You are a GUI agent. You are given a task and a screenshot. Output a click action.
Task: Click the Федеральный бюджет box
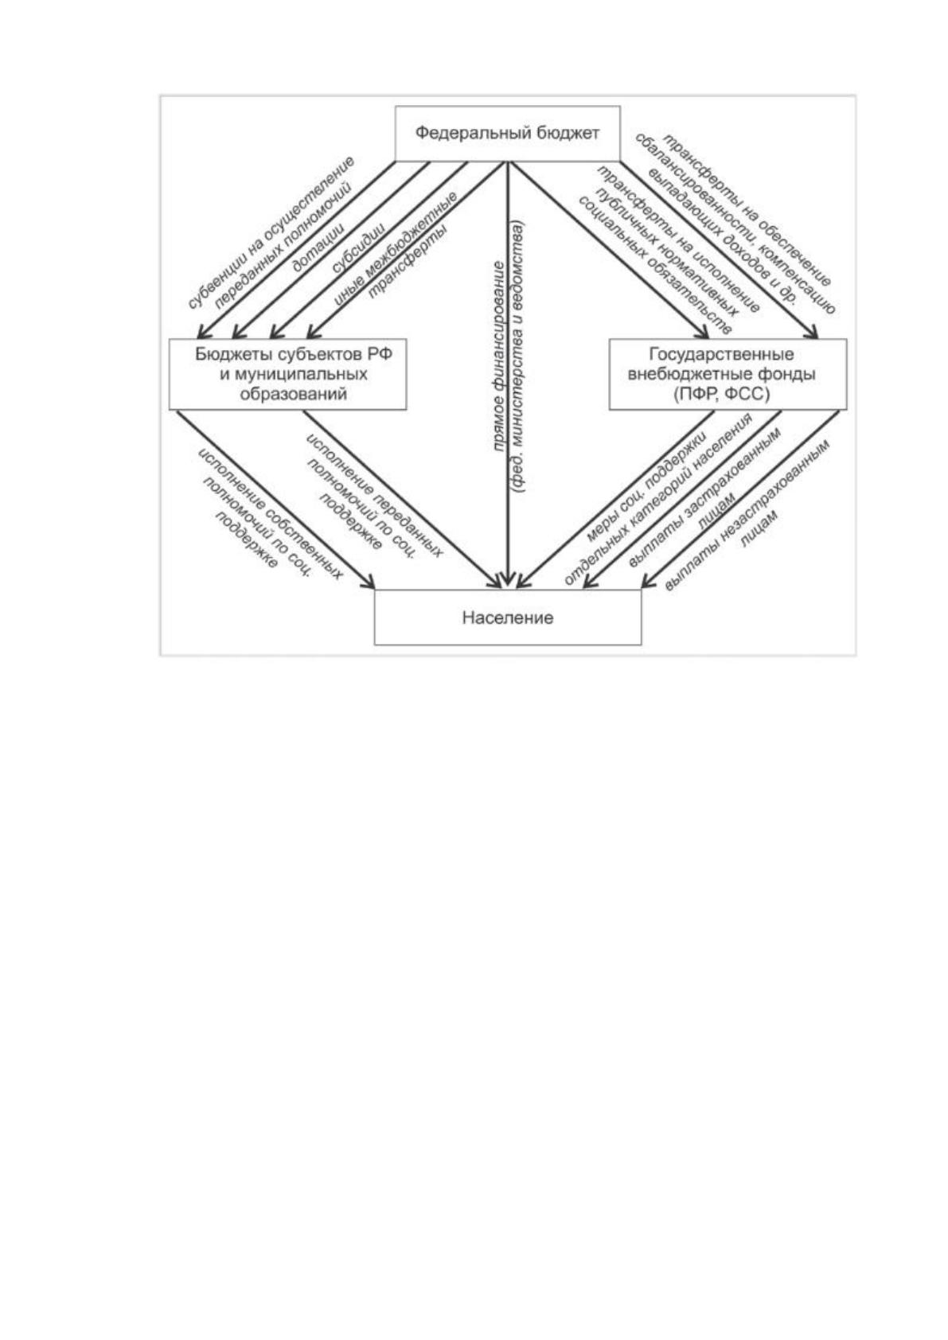pos(507,134)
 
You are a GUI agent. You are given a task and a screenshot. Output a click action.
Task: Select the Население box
pos(508,617)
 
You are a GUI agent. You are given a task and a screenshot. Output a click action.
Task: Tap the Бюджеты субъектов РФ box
pos(288,374)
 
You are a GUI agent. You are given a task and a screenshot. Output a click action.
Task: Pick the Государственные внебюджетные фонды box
pos(728,374)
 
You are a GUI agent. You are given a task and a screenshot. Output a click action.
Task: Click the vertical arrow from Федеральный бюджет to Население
pos(508,374)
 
